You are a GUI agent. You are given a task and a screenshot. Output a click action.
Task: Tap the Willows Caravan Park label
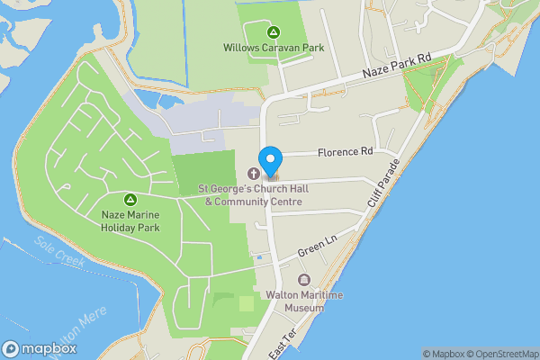[x=274, y=47]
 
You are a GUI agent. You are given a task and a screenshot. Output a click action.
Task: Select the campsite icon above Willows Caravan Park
[x=274, y=32]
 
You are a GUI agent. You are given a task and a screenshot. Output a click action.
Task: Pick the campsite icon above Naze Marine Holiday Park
[x=130, y=198]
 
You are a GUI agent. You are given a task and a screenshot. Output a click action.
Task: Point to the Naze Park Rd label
[x=397, y=67]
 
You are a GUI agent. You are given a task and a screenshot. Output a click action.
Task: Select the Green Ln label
[x=317, y=244]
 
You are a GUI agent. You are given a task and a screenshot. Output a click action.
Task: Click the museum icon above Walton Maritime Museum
[x=304, y=280]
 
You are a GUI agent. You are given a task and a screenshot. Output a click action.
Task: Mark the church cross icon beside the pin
[x=251, y=173]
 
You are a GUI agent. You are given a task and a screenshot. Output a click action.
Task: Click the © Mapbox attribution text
[x=445, y=354]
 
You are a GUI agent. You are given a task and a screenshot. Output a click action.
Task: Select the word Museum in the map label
[x=304, y=308]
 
